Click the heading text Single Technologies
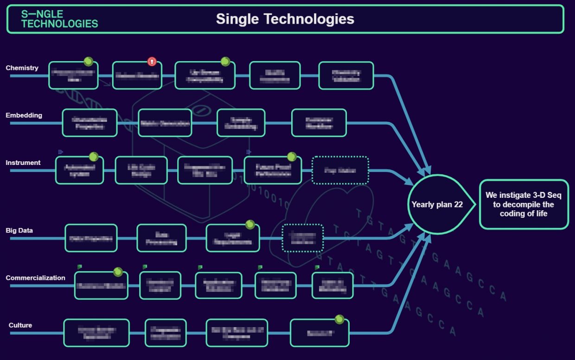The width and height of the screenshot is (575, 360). tap(285, 19)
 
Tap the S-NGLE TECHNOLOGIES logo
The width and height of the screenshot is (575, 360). tap(59, 19)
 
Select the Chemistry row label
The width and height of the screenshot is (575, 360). tap(22, 68)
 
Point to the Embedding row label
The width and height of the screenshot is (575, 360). tap(24, 115)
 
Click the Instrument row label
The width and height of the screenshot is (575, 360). tap(23, 163)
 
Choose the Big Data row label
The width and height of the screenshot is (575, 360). tap(19, 230)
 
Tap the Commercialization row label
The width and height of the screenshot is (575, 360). tap(35, 278)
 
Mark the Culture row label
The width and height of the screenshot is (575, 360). tap(20, 325)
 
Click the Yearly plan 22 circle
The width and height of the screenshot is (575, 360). tap(437, 205)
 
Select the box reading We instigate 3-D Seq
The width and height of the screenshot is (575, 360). tap(524, 204)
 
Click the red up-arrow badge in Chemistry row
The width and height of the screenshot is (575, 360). tap(152, 62)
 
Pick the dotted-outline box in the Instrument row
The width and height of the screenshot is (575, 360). tap(340, 170)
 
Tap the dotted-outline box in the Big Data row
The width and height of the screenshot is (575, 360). tap(302, 238)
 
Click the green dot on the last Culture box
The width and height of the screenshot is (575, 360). tap(339, 319)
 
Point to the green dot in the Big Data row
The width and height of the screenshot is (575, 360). tap(250, 225)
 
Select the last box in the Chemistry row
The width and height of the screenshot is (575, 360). tap(346, 76)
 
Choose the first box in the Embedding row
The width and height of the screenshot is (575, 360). tap(89, 123)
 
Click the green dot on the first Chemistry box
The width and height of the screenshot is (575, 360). tap(88, 61)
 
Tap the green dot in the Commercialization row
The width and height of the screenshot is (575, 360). tap(118, 272)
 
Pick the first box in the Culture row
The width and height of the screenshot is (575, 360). tap(96, 333)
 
